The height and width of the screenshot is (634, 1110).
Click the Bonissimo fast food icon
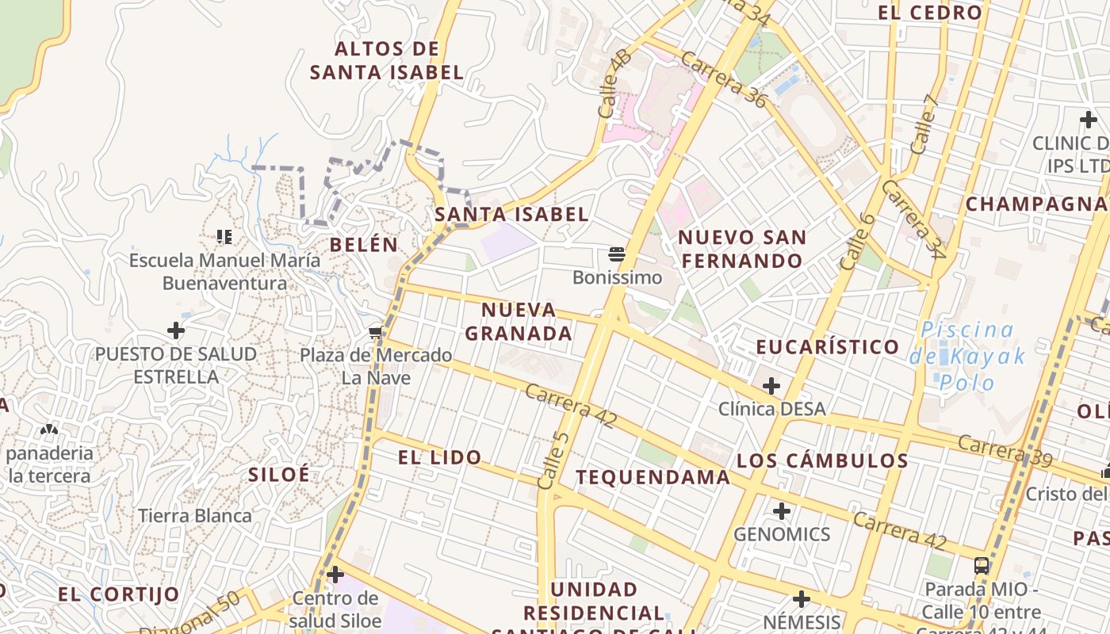617,254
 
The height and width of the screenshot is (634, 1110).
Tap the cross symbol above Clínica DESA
771,386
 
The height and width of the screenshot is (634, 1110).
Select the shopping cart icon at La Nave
376,332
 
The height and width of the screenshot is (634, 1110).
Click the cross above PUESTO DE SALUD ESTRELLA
176,330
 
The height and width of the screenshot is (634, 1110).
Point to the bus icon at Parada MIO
982,566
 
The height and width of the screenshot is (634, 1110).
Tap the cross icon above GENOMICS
782,511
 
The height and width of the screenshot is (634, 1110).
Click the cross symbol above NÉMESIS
802,598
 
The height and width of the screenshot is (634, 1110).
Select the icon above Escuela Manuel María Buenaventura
224,236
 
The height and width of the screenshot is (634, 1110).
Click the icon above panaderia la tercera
49,430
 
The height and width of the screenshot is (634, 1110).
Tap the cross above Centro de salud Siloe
335,574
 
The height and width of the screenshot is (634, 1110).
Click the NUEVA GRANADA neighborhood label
519,321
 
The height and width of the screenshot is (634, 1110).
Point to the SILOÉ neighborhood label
279,474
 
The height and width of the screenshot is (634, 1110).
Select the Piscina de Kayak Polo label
968,356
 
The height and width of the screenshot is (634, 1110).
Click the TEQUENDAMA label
653,476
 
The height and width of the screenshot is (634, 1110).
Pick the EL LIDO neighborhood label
439,456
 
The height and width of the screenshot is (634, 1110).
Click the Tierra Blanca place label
195,516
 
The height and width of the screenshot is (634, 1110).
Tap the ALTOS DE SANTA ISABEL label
386,60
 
